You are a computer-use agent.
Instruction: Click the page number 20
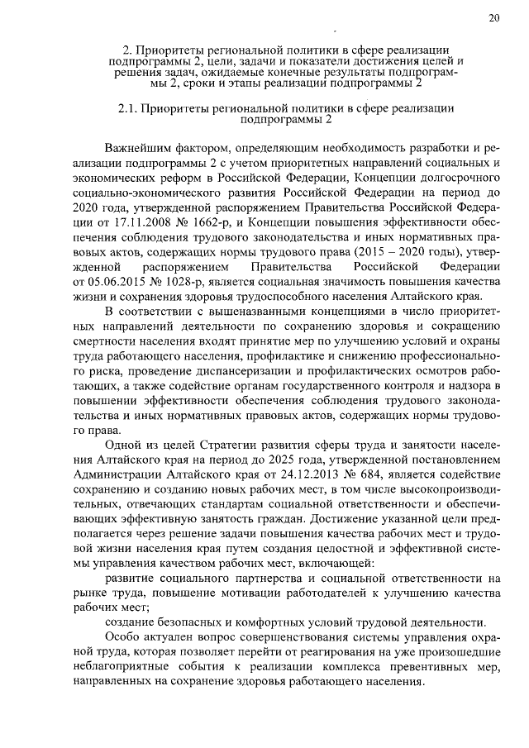(493, 18)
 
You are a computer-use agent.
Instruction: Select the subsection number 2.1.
(126, 107)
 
